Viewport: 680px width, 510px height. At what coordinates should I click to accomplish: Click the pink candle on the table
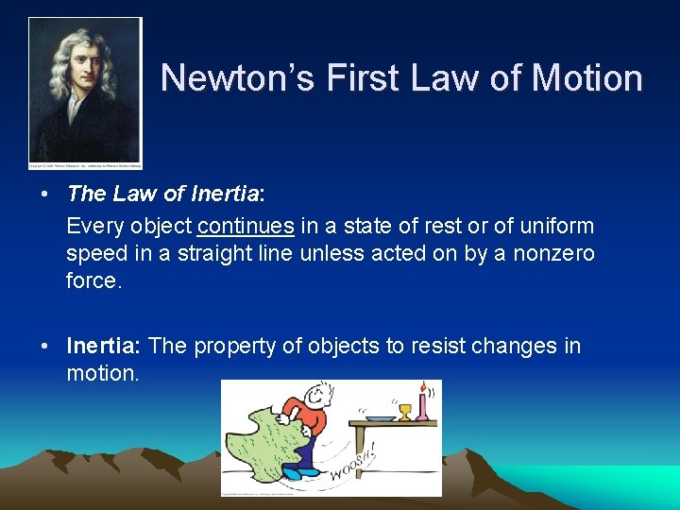coord(423,405)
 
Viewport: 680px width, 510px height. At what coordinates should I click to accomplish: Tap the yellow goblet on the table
coord(405,413)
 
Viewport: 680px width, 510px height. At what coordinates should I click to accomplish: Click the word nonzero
coord(554,253)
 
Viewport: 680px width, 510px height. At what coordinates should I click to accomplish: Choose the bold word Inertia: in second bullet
coord(104,346)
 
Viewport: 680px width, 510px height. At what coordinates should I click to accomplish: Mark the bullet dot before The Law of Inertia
coord(44,195)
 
